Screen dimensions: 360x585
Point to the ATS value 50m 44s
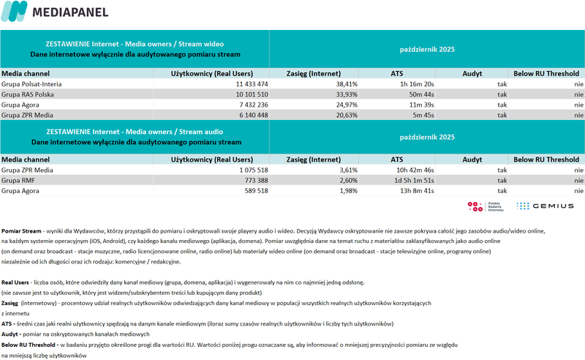(x=420, y=94)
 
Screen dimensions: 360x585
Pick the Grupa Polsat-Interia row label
(x=31, y=84)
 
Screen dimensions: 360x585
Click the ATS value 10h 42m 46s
(x=413, y=169)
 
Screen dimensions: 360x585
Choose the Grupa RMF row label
(x=18, y=179)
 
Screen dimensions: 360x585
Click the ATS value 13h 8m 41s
(x=415, y=190)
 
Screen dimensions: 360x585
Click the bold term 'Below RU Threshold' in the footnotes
(x=29, y=343)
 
